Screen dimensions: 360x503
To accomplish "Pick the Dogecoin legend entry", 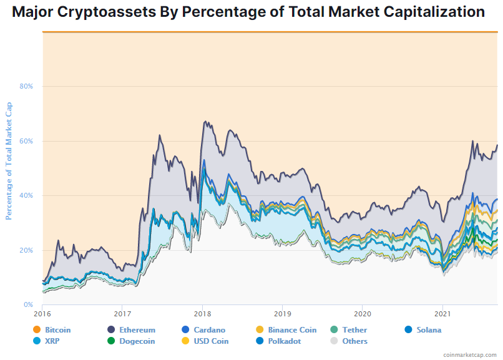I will pyautogui.click(x=133, y=341).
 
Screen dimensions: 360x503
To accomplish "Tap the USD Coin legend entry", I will pyautogui.click(x=211, y=341).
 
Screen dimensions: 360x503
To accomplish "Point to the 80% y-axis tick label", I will pyautogui.click(x=26, y=86).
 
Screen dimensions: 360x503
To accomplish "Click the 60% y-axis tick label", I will pyautogui.click(x=26, y=141).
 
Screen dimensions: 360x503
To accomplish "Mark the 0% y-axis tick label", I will pyautogui.click(x=29, y=305).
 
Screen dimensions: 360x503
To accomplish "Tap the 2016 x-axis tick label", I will pyautogui.click(x=42, y=314).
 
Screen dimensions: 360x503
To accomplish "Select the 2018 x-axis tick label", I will pyautogui.click(x=202, y=314).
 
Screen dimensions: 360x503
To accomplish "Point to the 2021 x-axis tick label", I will pyautogui.click(x=442, y=314).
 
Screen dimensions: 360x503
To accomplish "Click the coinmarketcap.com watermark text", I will pyautogui.click(x=470, y=354).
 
